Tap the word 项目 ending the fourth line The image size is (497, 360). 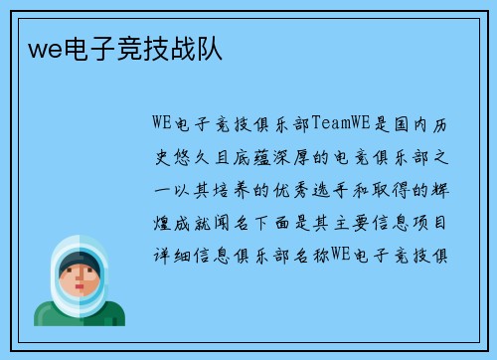point(438,223)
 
